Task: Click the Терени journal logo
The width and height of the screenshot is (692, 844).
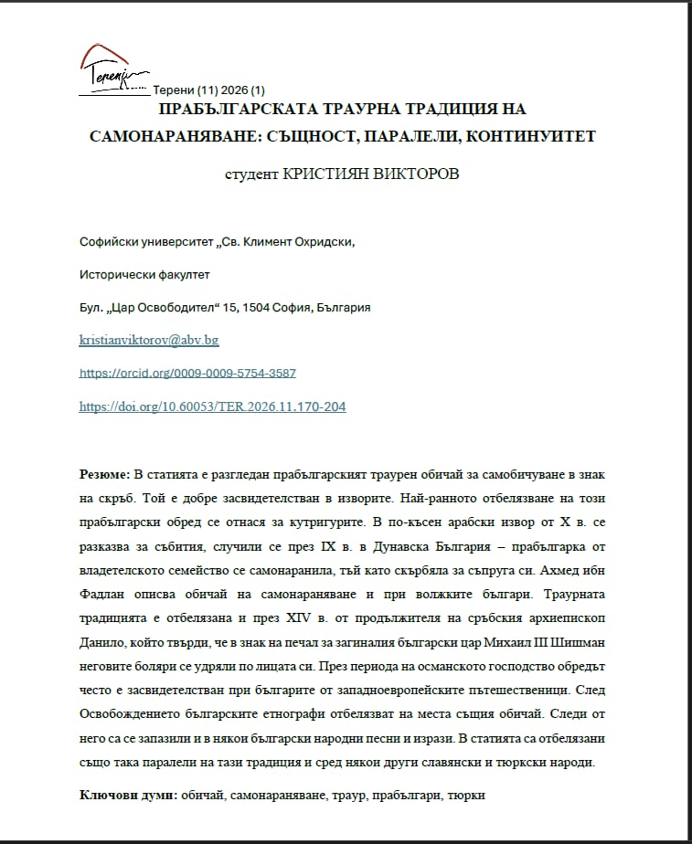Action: pos(112,69)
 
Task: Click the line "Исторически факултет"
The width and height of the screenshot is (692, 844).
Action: pos(138,274)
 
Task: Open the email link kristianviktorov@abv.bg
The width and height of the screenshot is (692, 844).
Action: pos(149,340)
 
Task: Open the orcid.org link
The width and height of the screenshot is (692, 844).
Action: pos(187,374)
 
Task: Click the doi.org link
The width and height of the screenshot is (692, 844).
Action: pos(212,406)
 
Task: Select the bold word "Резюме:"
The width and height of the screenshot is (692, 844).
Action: pos(104,474)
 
